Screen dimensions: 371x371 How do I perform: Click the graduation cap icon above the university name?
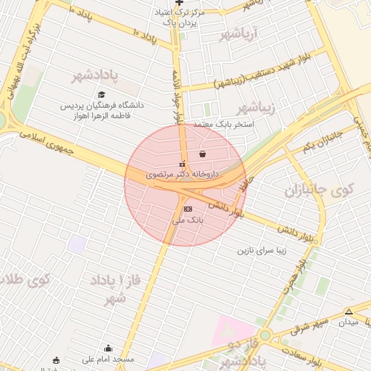pyautogui.click(x=101, y=95)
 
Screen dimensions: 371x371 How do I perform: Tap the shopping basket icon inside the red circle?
pyautogui.click(x=201, y=154)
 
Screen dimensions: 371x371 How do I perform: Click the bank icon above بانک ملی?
pyautogui.click(x=188, y=209)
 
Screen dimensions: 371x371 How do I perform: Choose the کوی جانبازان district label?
pyautogui.click(x=317, y=193)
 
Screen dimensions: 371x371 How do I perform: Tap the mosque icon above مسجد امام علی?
pyautogui.click(x=109, y=348)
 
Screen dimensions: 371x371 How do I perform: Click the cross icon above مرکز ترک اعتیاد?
pyautogui.click(x=179, y=3)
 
